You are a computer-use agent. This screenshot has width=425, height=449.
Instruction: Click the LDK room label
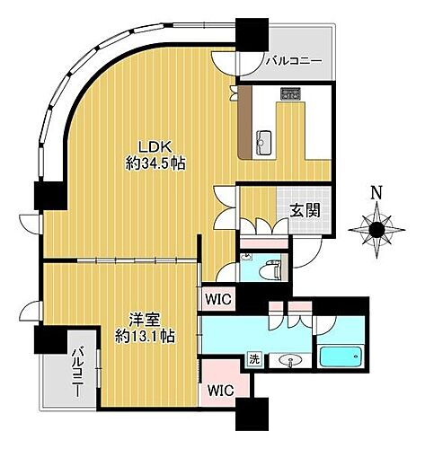coord(149,148)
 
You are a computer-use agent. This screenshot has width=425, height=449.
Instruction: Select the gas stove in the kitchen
coord(291,92)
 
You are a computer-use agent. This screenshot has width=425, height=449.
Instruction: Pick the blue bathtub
coord(341,357)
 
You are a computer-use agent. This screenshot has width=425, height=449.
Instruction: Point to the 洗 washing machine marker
coord(254,359)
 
